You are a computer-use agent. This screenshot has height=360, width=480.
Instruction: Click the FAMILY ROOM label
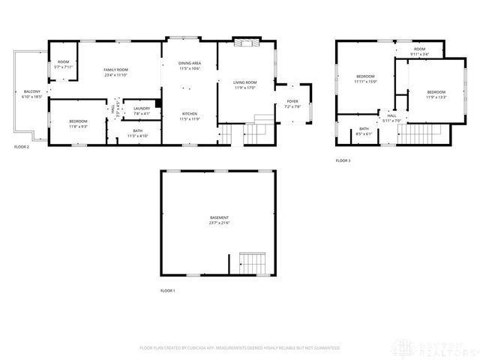(x=115, y=70)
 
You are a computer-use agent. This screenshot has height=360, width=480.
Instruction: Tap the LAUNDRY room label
(x=142, y=108)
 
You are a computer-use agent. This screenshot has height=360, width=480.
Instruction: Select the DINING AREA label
(x=189, y=63)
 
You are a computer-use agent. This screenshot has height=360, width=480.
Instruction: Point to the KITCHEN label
(x=189, y=113)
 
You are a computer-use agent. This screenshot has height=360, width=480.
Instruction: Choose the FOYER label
(x=292, y=101)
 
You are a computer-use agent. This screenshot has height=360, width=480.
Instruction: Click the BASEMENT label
(x=219, y=217)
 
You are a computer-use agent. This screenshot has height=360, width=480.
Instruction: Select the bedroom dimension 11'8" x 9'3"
(x=78, y=126)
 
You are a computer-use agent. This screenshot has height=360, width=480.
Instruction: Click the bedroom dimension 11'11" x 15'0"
(x=365, y=81)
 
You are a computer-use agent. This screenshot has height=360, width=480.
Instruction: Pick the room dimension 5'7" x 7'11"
(x=63, y=67)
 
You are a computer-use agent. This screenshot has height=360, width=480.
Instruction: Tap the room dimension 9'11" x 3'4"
(x=419, y=54)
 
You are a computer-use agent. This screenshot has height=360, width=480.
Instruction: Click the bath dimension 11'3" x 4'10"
(x=138, y=136)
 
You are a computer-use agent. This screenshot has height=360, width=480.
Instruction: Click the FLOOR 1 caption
(x=167, y=290)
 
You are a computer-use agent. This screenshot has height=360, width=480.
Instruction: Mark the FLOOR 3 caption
(x=343, y=160)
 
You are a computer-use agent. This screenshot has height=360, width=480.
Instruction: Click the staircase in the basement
(x=249, y=264)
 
